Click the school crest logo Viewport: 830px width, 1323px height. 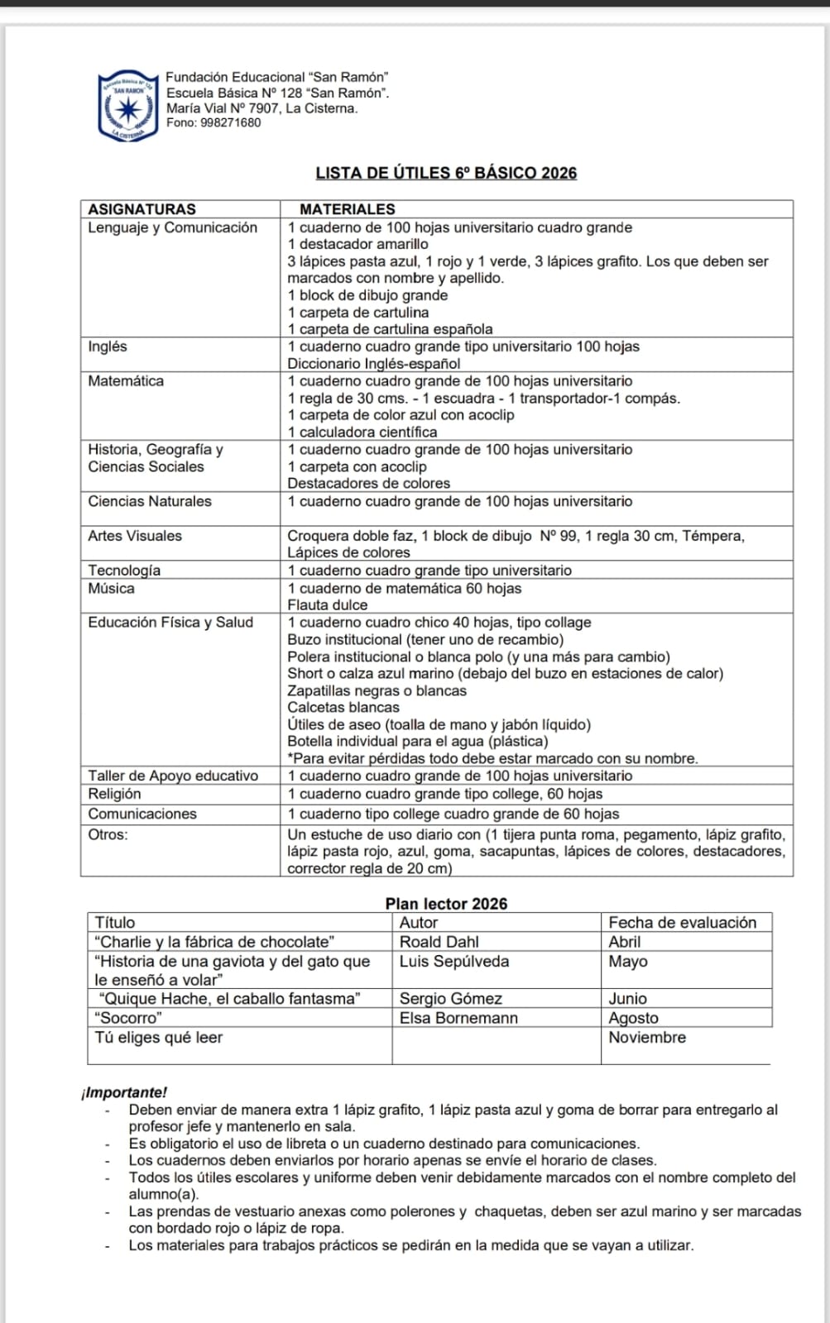pos(127,106)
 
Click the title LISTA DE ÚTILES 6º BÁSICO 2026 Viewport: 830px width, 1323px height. pos(446,173)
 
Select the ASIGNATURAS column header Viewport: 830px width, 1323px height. pos(142,209)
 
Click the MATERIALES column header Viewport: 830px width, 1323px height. pos(347,209)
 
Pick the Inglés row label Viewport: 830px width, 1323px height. pos(108,346)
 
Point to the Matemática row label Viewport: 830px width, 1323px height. pos(126,381)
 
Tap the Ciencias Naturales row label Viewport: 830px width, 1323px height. pos(150,501)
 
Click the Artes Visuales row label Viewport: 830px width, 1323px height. pos(135,536)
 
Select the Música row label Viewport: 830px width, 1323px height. pos(111,588)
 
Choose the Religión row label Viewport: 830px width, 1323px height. pos(114,794)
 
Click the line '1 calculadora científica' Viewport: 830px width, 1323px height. pos(362,432)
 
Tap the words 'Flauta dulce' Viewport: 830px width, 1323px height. pos(327,605)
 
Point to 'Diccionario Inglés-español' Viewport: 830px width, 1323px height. pos(373,364)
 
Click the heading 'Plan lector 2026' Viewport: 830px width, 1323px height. pos(446,904)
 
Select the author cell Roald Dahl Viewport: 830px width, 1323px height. pos(439,942)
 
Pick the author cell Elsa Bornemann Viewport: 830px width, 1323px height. pos(458,1018)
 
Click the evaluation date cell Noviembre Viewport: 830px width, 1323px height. pos(646,1038)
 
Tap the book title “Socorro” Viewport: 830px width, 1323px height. pos(128,1018)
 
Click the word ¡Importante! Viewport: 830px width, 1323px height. pos(124,1092)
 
